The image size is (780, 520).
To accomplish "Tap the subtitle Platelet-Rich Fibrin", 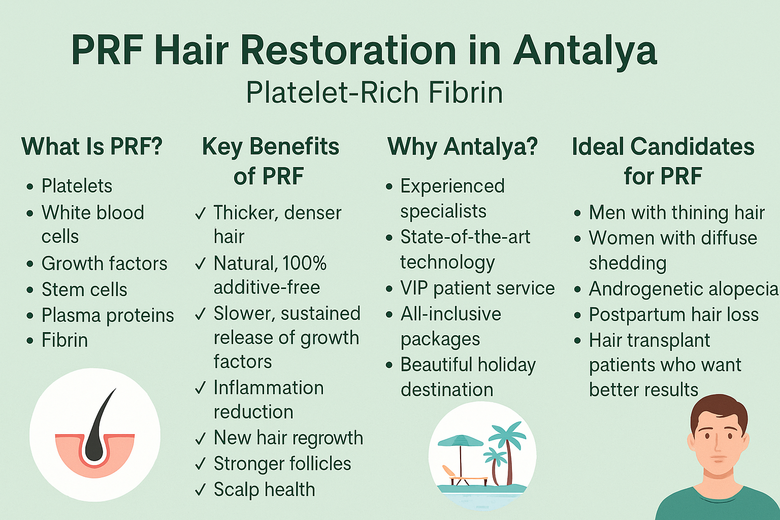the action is point(374,92).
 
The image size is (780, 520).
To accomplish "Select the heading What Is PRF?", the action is point(92,146).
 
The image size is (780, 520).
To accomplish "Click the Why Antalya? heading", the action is point(463,147).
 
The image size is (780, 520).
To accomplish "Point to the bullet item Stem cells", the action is point(84,289).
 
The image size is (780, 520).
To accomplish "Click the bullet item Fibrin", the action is point(64,340).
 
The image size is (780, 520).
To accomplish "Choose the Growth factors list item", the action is point(105,264).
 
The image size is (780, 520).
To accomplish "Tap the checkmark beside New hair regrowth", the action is point(201,439).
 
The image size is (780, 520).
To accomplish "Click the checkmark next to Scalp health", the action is point(201,491).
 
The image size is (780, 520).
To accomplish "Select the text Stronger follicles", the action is point(282,464).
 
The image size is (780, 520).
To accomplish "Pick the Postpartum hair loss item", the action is point(674,315).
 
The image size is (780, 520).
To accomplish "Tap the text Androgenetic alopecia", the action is point(684,289).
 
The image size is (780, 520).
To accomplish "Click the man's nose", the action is point(719,448).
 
